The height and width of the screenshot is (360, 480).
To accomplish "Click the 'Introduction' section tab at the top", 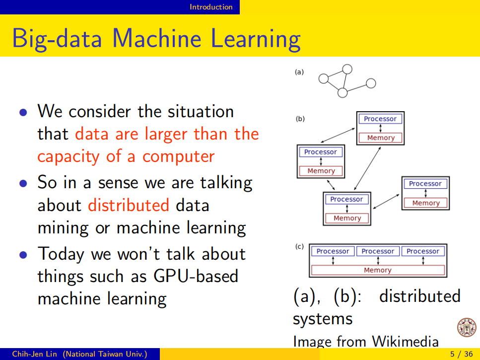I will tap(211, 7).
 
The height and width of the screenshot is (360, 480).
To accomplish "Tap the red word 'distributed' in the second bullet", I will tap(129, 205).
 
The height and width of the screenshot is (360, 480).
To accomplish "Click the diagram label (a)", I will tap(299, 72).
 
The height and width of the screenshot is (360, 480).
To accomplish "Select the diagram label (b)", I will tap(300, 119).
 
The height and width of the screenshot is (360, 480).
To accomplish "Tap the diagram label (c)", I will tap(299, 246).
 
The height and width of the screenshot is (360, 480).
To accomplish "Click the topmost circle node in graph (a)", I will tap(347, 69).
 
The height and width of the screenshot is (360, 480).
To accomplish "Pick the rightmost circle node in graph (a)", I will tap(370, 83).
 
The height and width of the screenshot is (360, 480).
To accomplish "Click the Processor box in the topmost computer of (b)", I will tap(380, 119).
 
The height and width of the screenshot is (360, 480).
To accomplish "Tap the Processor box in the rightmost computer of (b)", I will tap(425, 184).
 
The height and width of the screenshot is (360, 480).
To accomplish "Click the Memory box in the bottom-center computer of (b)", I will tap(347, 218).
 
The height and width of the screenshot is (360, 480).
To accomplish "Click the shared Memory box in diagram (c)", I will tap(377, 271).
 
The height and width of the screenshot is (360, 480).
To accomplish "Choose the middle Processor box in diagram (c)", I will tap(378, 251).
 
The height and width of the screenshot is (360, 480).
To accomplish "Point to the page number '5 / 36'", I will tap(461, 354).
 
